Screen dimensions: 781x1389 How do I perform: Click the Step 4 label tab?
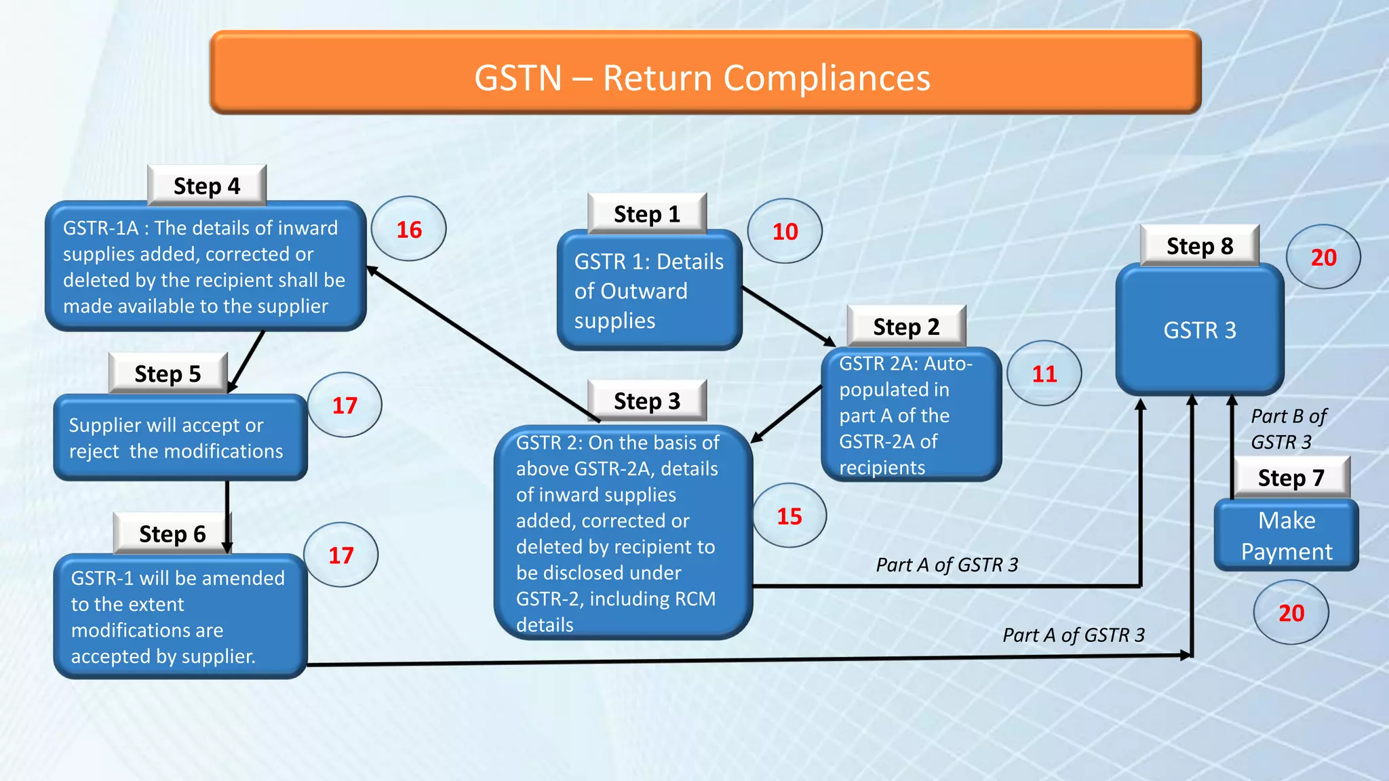click(x=207, y=186)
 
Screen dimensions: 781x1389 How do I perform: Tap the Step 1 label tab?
click(x=646, y=214)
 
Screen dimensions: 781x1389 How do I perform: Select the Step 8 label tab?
click(x=1199, y=246)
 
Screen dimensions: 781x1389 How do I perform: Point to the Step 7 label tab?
click(x=1291, y=478)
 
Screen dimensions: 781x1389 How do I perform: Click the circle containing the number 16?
click(x=409, y=229)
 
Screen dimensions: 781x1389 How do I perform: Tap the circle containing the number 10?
click(x=785, y=232)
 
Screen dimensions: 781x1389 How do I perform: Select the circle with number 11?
click(x=1044, y=374)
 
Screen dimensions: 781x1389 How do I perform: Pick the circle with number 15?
click(x=789, y=516)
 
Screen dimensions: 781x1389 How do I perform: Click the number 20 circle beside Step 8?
click(x=1323, y=258)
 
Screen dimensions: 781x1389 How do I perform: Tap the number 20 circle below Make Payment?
click(x=1291, y=613)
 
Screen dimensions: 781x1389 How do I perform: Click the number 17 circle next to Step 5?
click(x=345, y=405)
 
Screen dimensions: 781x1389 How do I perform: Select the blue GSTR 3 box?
click(x=1199, y=330)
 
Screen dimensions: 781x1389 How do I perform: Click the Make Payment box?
click(x=1286, y=536)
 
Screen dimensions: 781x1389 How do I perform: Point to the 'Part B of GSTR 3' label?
click(x=1287, y=428)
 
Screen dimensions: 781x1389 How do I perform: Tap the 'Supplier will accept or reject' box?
click(x=180, y=438)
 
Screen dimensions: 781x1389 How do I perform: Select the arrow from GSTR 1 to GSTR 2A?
click(x=789, y=316)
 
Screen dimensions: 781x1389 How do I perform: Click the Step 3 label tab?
click(x=646, y=401)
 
